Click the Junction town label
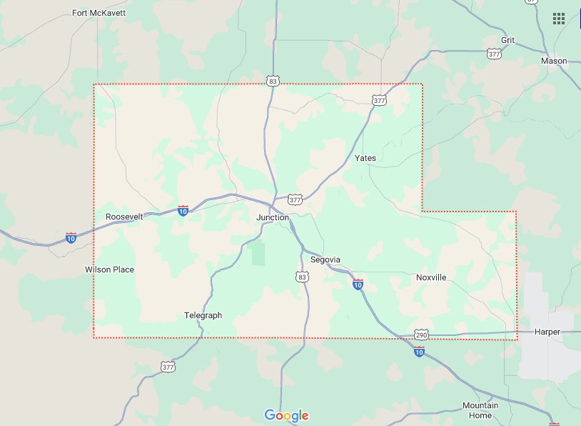pyautogui.click(x=273, y=217)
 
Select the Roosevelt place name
pyautogui.click(x=124, y=217)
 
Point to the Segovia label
pyautogui.click(x=325, y=259)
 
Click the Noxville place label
pyautogui.click(x=431, y=277)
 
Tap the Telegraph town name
pyautogui.click(x=203, y=315)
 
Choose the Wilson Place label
pyautogui.click(x=109, y=269)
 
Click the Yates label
pyautogui.click(x=365, y=158)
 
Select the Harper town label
pyautogui.click(x=547, y=332)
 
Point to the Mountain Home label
pyautogui.click(x=480, y=410)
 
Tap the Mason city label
pyautogui.click(x=554, y=61)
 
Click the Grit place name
pyautogui.click(x=507, y=40)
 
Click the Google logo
pyautogui.click(x=286, y=415)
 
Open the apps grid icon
pyautogui.click(x=559, y=18)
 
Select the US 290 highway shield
pyautogui.click(x=422, y=335)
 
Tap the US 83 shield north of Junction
pyautogui.click(x=273, y=81)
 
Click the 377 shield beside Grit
pyautogui.click(x=494, y=54)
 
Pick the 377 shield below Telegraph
pyautogui.click(x=168, y=367)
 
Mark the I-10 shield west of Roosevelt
pyautogui.click(x=71, y=237)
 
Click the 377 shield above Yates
pyautogui.click(x=379, y=101)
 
